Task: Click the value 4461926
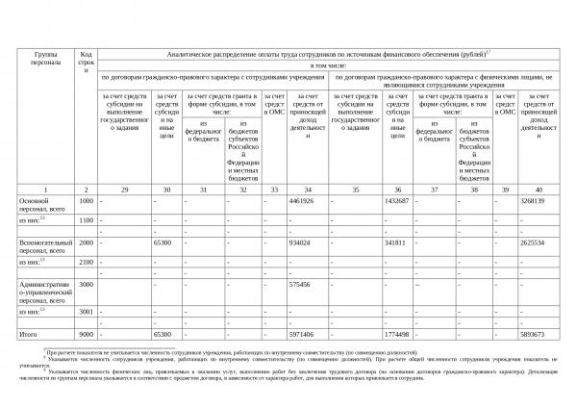(301, 201)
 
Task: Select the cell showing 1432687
(396, 201)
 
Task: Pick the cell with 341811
(394, 243)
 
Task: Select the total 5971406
(301, 334)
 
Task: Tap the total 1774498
(396, 334)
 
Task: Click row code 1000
(86, 201)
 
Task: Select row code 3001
(86, 312)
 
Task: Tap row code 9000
(86, 334)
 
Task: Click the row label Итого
(28, 334)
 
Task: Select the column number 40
(539, 190)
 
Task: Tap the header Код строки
(86, 63)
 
